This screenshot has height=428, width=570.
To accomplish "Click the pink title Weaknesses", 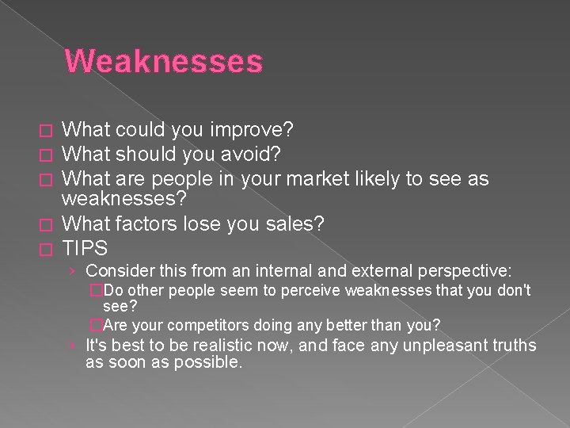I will click(x=163, y=61).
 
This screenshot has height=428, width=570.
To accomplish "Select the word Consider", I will click(x=118, y=272).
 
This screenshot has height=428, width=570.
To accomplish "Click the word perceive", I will click(x=300, y=291).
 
